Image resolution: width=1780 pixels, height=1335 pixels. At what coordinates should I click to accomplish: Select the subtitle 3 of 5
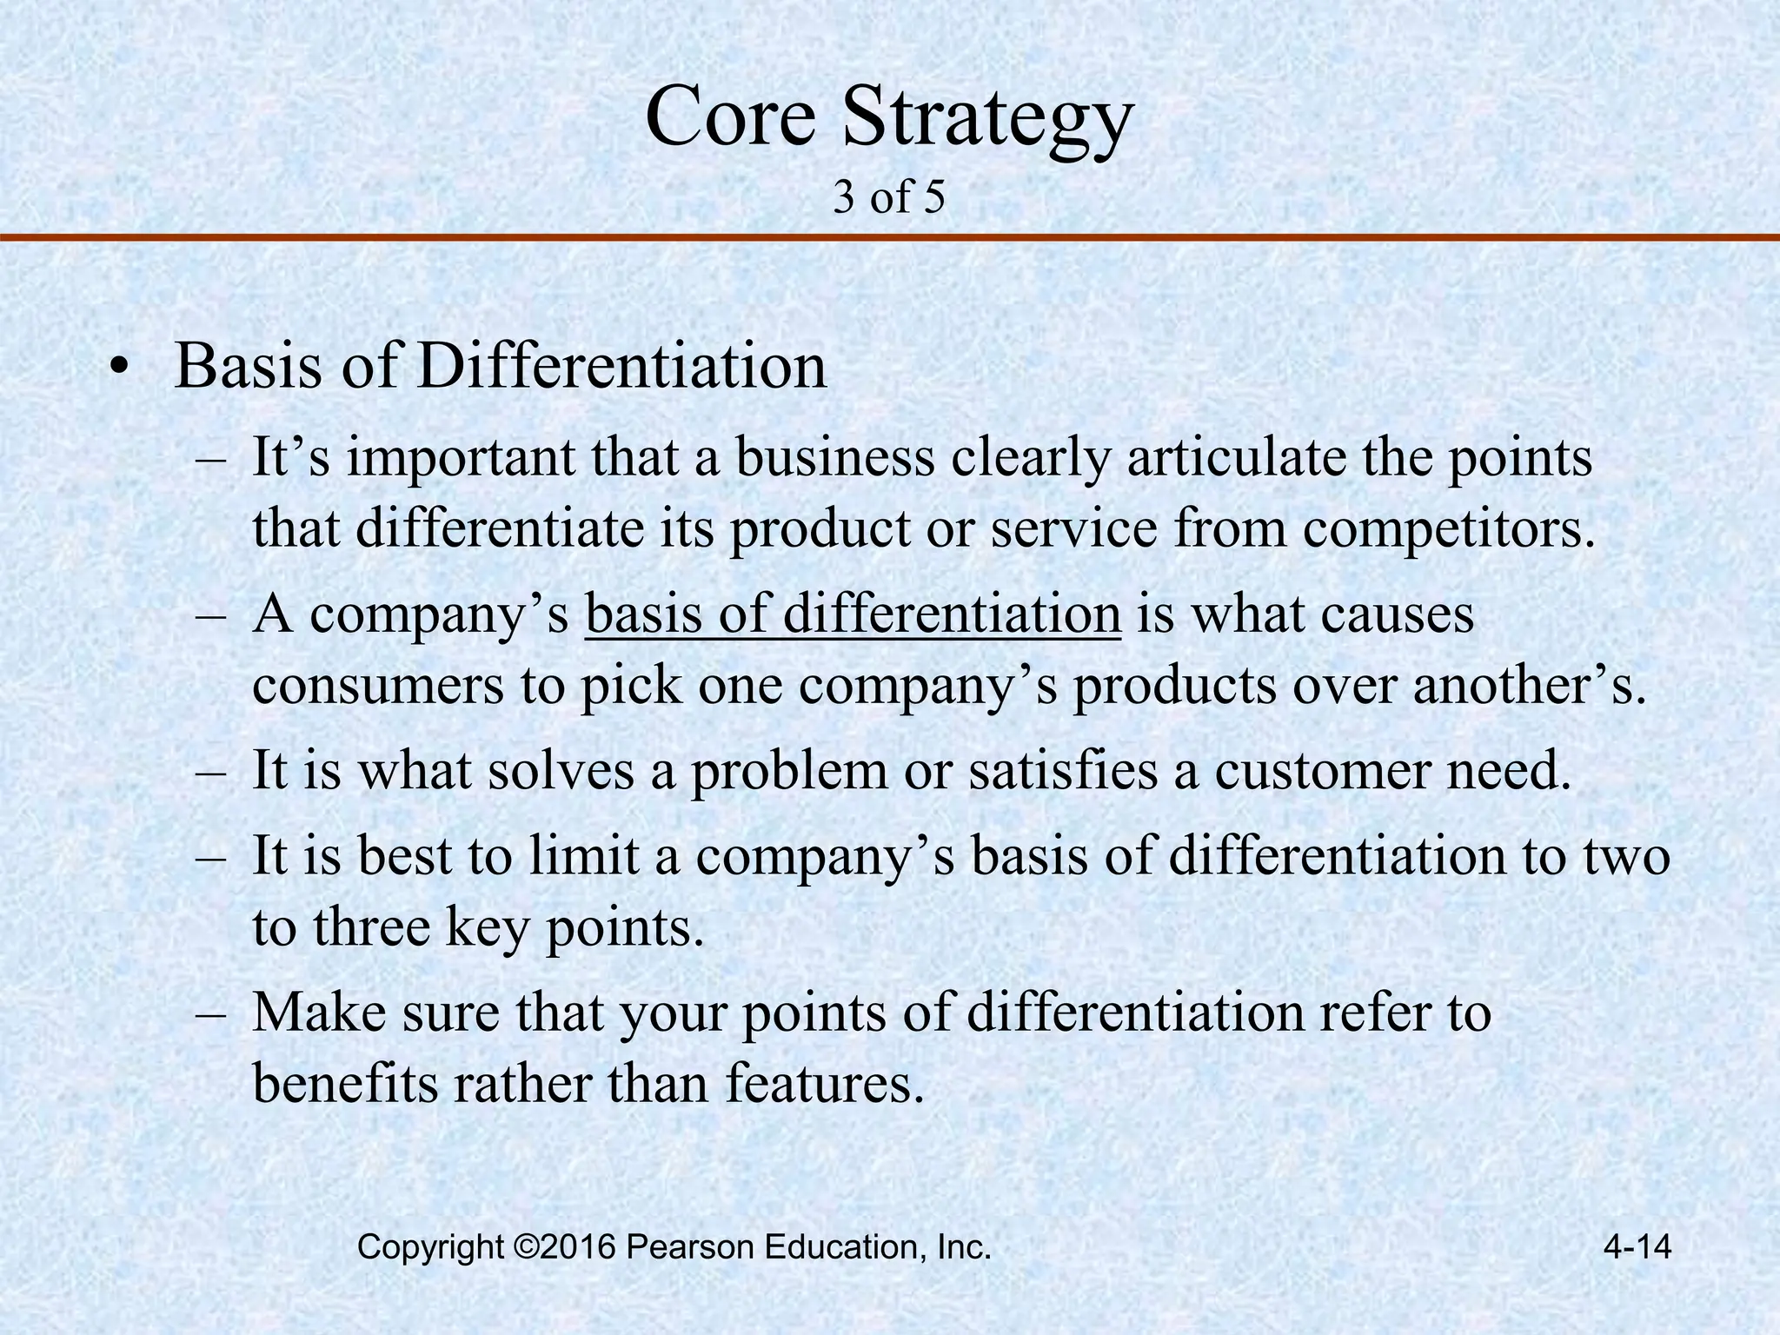click(888, 198)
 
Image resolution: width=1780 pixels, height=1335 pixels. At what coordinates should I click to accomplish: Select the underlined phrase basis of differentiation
click(853, 614)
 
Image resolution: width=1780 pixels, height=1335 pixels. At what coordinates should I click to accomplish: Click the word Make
click(316, 1012)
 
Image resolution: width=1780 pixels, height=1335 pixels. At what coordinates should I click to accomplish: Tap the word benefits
click(345, 1083)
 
